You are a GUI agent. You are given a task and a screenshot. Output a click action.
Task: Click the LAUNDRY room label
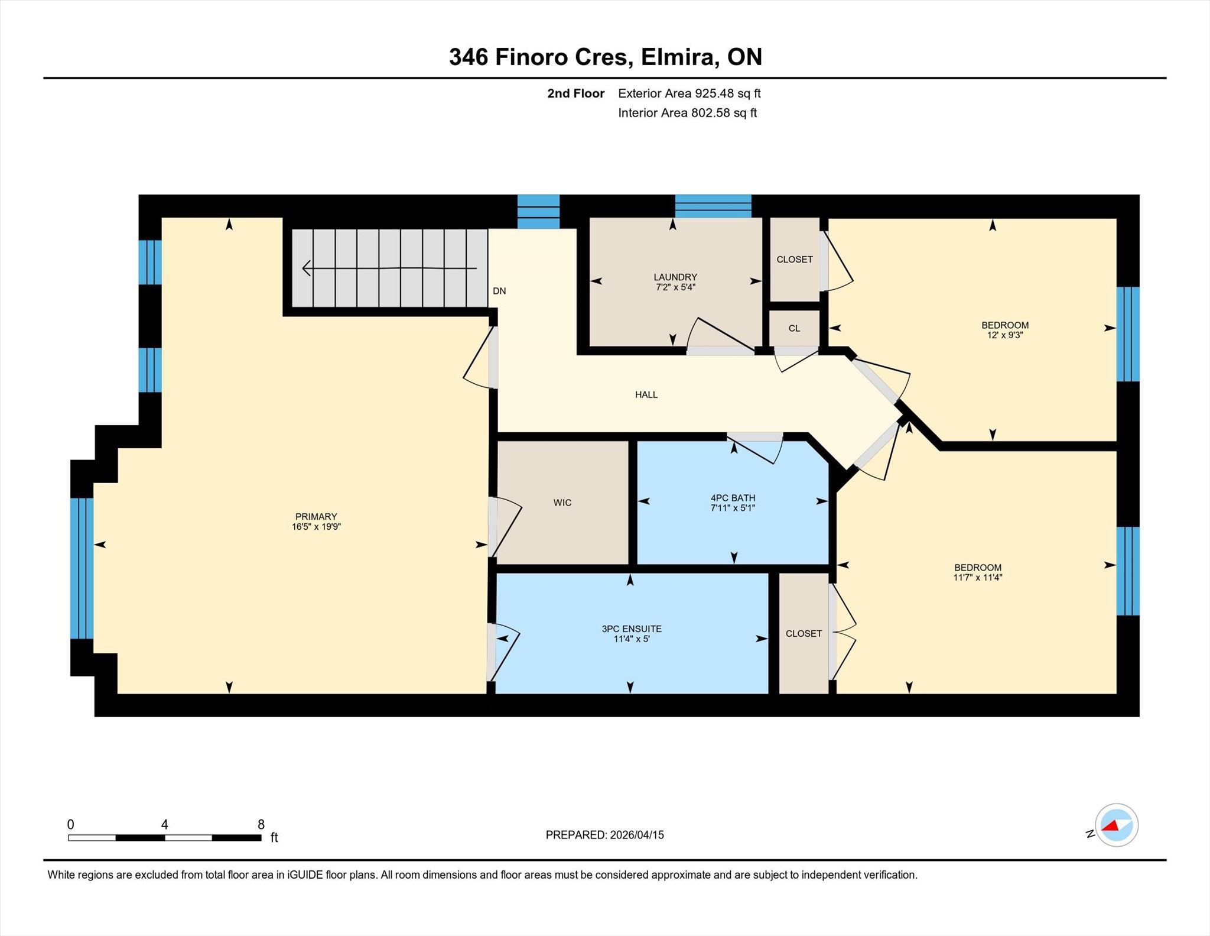(675, 277)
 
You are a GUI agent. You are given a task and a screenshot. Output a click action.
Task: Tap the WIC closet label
(562, 503)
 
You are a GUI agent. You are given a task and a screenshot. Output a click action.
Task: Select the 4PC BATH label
(733, 498)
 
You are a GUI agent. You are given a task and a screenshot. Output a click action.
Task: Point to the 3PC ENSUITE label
(632, 629)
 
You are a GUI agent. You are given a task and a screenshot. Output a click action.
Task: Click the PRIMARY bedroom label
(316, 517)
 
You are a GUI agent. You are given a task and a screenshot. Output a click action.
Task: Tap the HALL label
(646, 395)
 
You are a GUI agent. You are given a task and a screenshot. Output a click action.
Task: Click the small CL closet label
(794, 328)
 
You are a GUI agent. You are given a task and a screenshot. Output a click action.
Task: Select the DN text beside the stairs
(499, 291)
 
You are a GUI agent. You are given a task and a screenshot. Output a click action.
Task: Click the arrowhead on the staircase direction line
(306, 268)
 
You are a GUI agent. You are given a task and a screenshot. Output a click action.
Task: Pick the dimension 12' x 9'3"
(1005, 335)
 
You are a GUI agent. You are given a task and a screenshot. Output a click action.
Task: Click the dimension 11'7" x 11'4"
(978, 578)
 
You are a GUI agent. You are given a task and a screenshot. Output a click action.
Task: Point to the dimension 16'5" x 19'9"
(316, 527)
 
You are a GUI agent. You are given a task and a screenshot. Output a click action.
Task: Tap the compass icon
(1117, 825)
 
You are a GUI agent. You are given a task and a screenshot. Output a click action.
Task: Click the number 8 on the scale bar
(261, 824)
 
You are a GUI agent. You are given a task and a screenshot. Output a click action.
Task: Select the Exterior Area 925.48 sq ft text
(689, 93)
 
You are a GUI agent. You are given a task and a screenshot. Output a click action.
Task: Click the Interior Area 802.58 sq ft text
(688, 113)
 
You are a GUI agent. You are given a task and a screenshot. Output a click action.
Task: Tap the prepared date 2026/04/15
(637, 835)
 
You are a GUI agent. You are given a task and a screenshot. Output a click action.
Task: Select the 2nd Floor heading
(576, 93)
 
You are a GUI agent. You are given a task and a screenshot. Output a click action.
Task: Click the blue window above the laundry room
(713, 206)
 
